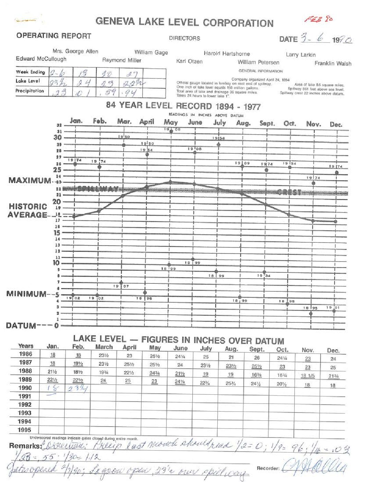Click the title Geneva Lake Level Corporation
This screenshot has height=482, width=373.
pos(184,22)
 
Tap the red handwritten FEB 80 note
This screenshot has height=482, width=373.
pos(318,19)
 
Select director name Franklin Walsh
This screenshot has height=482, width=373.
pos(333,63)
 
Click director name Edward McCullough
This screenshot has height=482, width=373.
pos(41,59)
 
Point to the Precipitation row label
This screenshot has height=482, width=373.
pos(30,91)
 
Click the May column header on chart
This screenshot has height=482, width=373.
pos(170,122)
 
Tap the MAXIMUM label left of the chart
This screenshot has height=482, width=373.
pos(29,180)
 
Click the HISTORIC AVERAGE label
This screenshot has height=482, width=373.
pos(27,211)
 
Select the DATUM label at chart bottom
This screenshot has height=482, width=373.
pos(21,326)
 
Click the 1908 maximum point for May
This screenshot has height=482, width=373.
pos(171,131)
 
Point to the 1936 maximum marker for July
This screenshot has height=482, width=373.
pos(218,144)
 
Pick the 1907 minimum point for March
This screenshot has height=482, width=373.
pos(121,283)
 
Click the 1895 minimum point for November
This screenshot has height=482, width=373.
pos(311,313)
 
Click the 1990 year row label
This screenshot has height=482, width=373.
pos(25,388)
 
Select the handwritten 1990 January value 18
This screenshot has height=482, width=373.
pos(52,388)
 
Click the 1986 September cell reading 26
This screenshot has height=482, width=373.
pos(257,357)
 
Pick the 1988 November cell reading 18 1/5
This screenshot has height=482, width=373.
pos(308,376)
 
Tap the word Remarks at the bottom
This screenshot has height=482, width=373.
pos(25,446)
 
